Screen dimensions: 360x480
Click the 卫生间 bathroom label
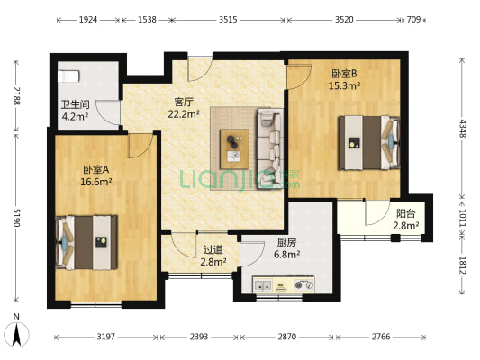[75, 103]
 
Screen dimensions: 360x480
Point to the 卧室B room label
[345, 73]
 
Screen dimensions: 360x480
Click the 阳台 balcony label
[406, 213]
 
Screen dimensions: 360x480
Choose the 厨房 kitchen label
[287, 241]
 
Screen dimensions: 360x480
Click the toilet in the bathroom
[69, 76]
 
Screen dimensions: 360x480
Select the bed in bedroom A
[86, 241]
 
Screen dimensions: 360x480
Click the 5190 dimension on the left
[14, 217]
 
